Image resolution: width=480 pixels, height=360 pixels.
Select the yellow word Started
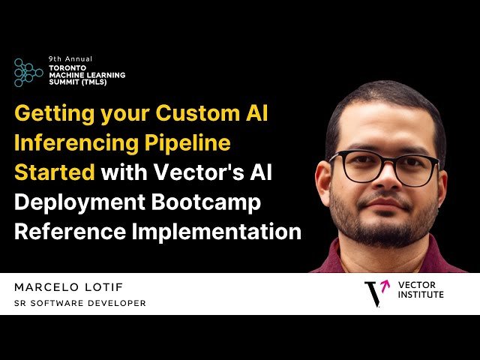(54, 172)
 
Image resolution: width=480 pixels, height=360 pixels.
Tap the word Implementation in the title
(217, 230)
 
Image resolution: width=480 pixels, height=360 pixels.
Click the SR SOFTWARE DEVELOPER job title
(80, 303)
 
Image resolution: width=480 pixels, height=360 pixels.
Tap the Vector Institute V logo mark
(375, 292)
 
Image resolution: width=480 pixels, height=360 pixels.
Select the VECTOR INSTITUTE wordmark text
(421, 290)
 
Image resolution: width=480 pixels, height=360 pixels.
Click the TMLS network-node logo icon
(28, 72)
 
